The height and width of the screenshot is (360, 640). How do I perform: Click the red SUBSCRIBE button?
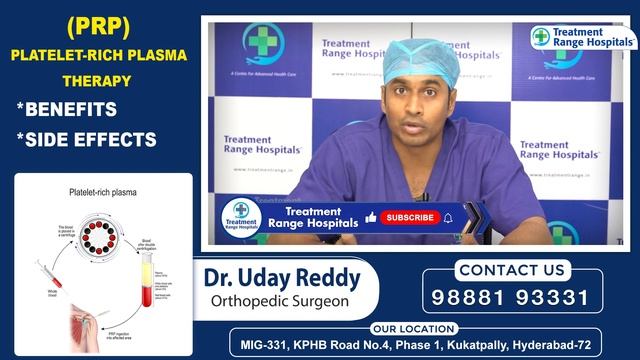pyautogui.click(x=409, y=217)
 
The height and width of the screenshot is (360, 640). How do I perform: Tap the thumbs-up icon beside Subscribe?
pyautogui.click(x=371, y=217)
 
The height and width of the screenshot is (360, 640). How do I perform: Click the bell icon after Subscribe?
pyautogui.click(x=448, y=217)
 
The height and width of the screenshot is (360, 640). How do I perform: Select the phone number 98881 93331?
pyautogui.click(x=511, y=298)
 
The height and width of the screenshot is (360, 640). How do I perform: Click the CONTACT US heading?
pyautogui.click(x=511, y=270)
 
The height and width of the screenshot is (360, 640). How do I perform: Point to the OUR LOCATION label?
pyautogui.click(x=413, y=328)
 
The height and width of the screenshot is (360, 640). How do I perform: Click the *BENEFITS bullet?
pyautogui.click(x=67, y=109)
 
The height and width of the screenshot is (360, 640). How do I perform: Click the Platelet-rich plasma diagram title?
pyautogui.click(x=103, y=190)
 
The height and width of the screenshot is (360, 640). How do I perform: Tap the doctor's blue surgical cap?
pyautogui.click(x=421, y=59)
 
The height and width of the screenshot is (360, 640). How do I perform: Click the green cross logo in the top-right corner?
pyautogui.click(x=541, y=37)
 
